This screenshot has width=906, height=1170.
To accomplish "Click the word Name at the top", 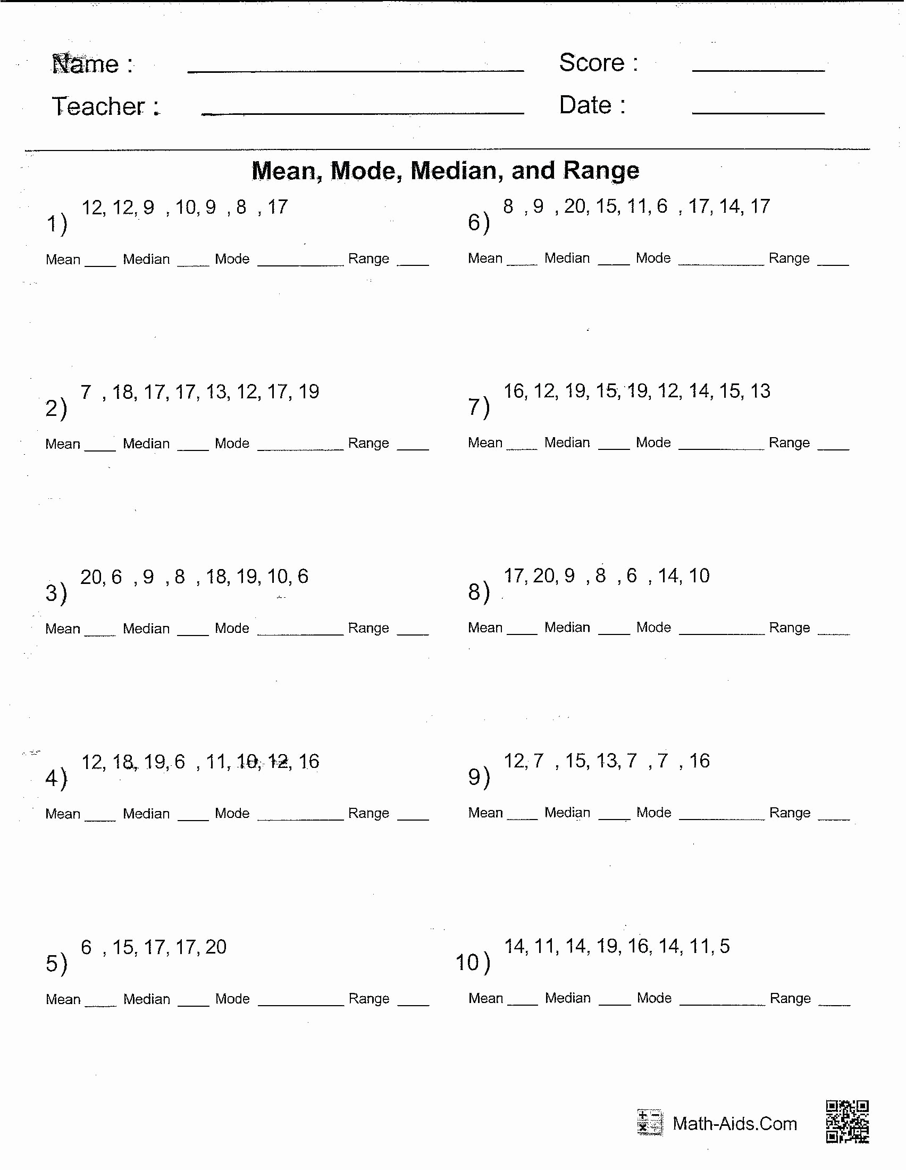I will [x=86, y=64].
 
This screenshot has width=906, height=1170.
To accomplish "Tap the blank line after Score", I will [x=758, y=68].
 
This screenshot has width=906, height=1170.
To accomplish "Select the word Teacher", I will [x=98, y=106].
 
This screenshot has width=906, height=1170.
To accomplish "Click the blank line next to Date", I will [x=758, y=111].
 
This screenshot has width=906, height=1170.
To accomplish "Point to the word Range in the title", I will [x=601, y=170].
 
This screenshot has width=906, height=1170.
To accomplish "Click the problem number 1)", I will [x=57, y=223].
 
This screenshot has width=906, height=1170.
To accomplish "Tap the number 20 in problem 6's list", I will [x=575, y=206].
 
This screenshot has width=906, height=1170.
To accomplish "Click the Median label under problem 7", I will [x=567, y=442].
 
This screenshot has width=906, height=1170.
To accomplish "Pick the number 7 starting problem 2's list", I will [x=86, y=391].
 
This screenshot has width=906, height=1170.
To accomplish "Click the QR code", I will [x=847, y=1122].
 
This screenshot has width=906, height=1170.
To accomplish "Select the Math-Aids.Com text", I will [x=735, y=1123].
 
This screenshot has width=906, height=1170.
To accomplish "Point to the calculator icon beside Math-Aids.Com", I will [x=650, y=1122].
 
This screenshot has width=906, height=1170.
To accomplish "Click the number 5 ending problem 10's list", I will [x=725, y=946].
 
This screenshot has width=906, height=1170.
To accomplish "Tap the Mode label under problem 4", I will [x=232, y=813].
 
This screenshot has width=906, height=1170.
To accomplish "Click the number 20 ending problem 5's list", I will [x=216, y=947].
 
